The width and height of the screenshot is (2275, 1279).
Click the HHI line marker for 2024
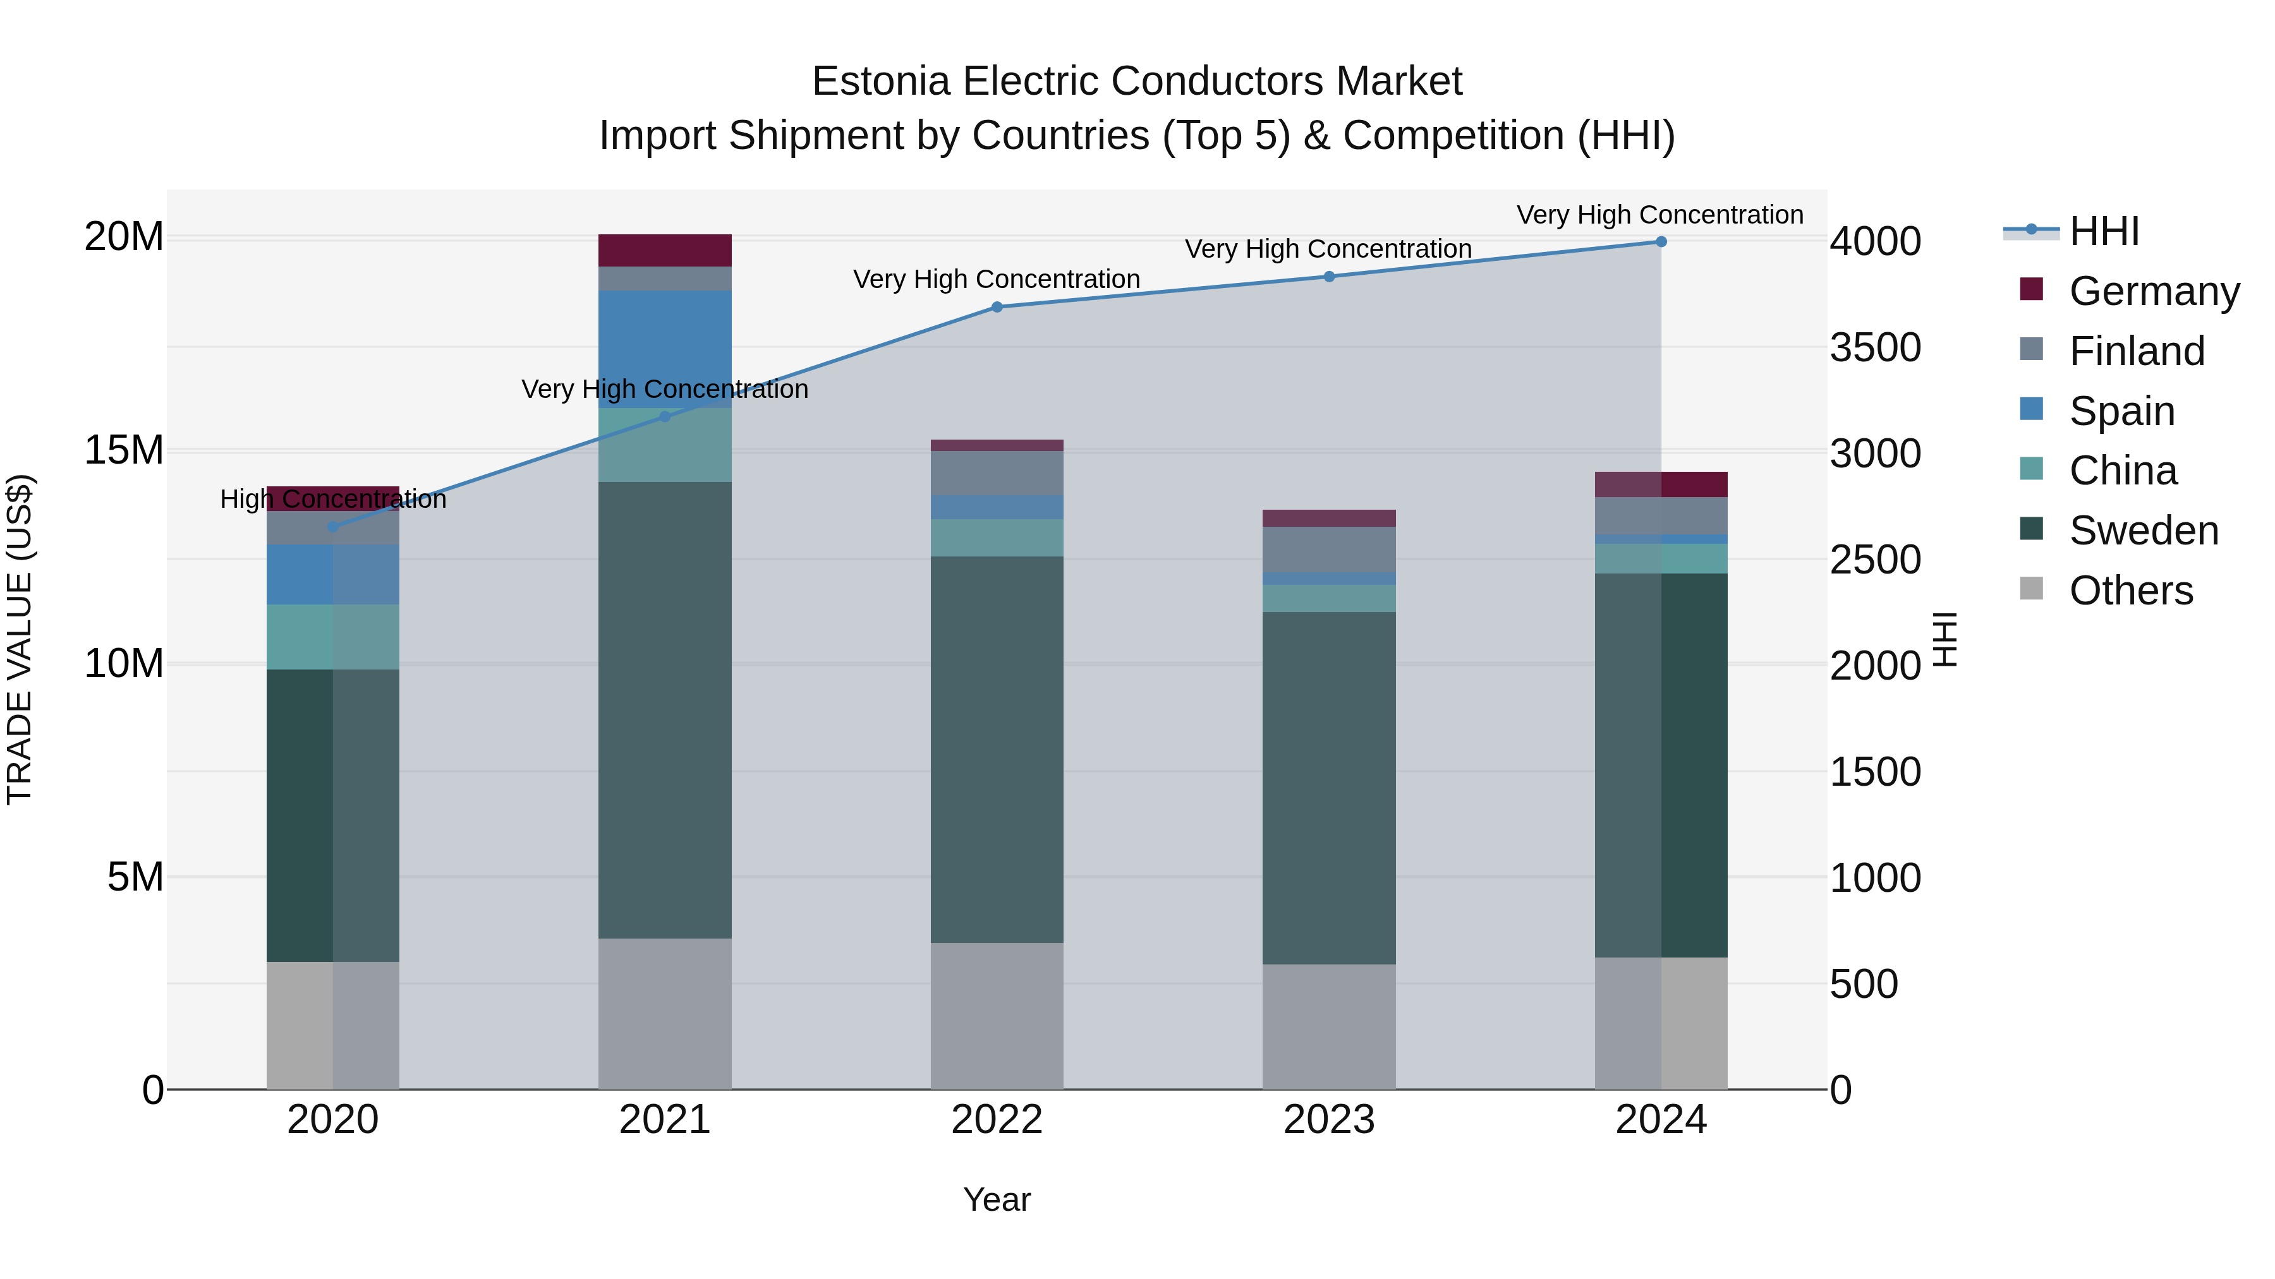[x=1660, y=242]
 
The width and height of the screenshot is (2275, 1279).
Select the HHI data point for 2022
[x=996, y=307]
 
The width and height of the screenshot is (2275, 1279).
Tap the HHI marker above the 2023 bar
[x=1328, y=276]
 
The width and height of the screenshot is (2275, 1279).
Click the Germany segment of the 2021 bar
[x=664, y=251]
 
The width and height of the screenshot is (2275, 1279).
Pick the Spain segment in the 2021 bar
[x=664, y=349]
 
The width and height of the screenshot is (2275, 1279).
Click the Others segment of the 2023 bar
[x=1328, y=1026]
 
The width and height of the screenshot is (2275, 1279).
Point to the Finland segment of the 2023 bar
[x=1328, y=549]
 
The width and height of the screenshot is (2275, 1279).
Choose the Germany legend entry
[x=2153, y=291]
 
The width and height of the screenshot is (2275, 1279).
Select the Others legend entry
[x=2130, y=591]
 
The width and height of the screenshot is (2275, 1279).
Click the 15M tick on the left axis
[x=124, y=450]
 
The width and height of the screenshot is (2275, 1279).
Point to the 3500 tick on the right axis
[x=1874, y=348]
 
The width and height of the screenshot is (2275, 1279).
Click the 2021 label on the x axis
[x=664, y=1120]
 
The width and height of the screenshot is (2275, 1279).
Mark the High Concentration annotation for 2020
[x=333, y=500]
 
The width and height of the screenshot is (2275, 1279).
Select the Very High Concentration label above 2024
[x=1659, y=215]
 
